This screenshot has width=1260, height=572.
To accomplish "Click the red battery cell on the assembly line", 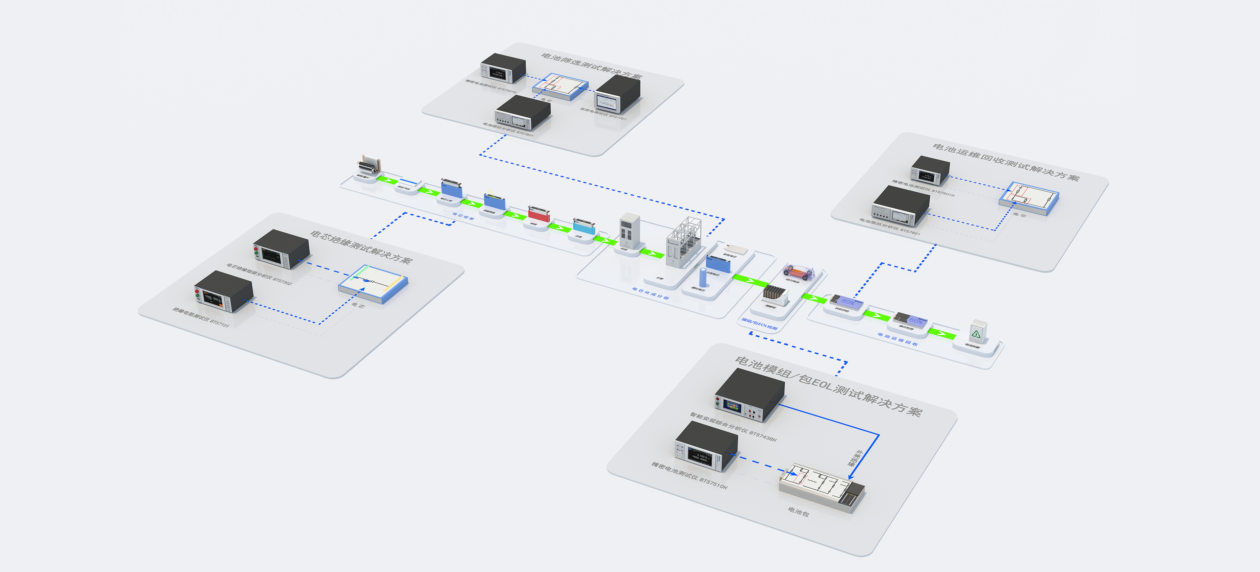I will coord(539,214).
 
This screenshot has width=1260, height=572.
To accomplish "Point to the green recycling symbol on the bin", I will coord(976,334).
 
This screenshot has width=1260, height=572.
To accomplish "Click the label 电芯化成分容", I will coord(650,293).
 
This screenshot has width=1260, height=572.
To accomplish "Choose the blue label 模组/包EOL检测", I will coord(759,324).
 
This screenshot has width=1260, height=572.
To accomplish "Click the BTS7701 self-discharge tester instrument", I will coord(617,94).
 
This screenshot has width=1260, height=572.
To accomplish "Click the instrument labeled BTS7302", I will coord(281,249).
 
